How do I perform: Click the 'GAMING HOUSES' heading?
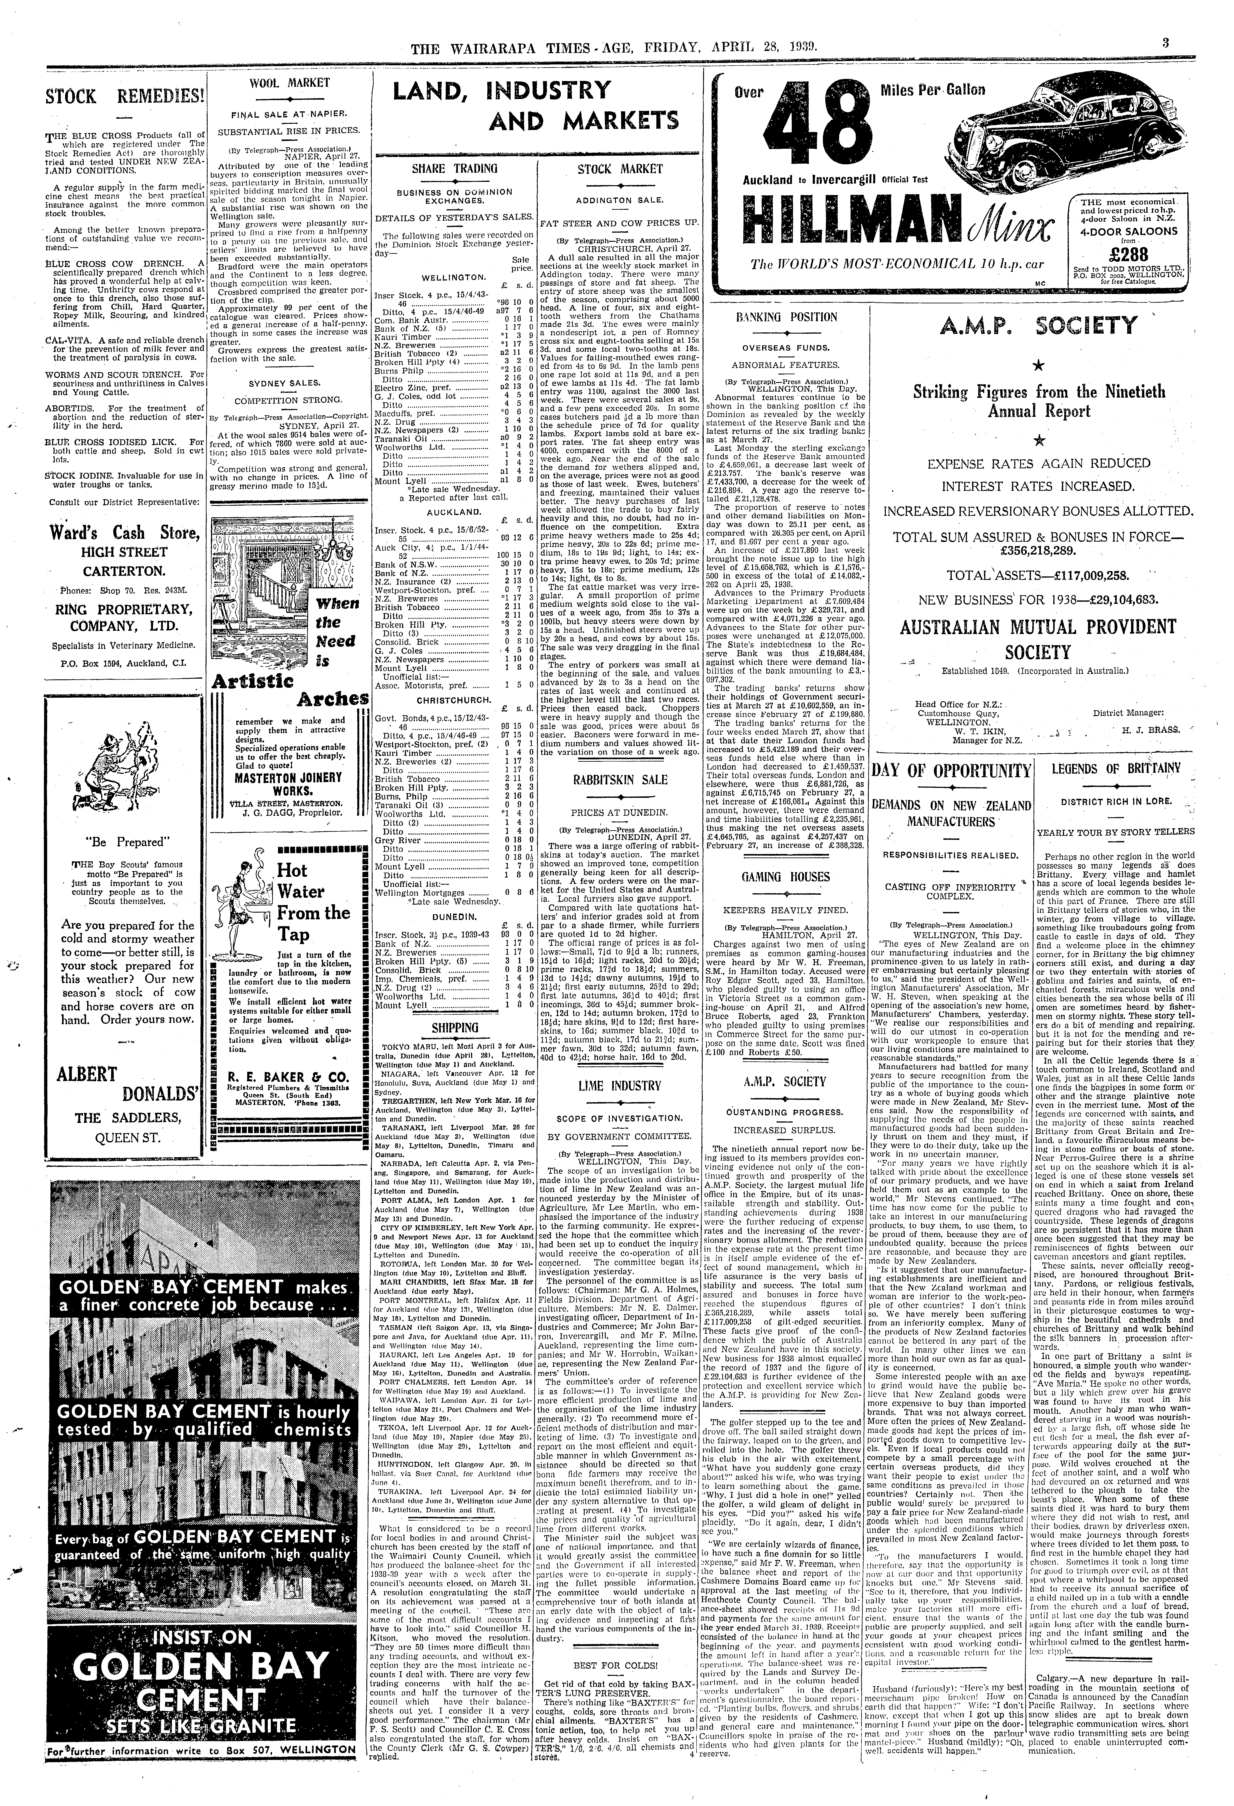coord(786,877)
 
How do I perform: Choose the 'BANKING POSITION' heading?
coord(786,317)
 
